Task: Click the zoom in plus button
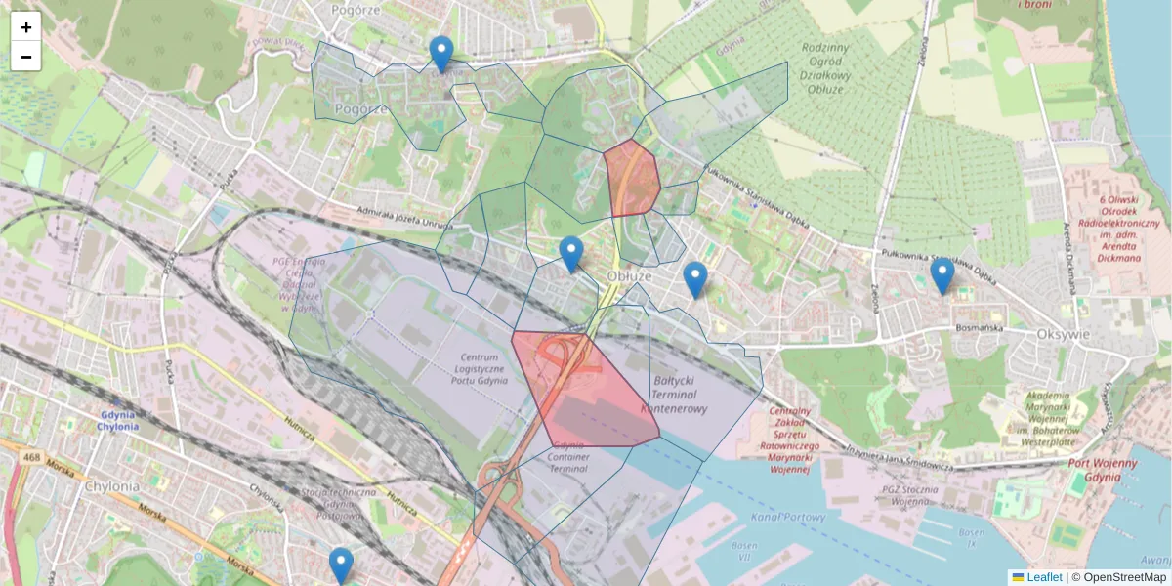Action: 26,27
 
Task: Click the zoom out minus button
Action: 26,57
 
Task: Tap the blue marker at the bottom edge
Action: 341,565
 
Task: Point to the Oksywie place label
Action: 1062,334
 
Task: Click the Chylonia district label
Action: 112,485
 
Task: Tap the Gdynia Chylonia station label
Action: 117,420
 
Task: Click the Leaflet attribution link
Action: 1043,577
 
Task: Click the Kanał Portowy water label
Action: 789,517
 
